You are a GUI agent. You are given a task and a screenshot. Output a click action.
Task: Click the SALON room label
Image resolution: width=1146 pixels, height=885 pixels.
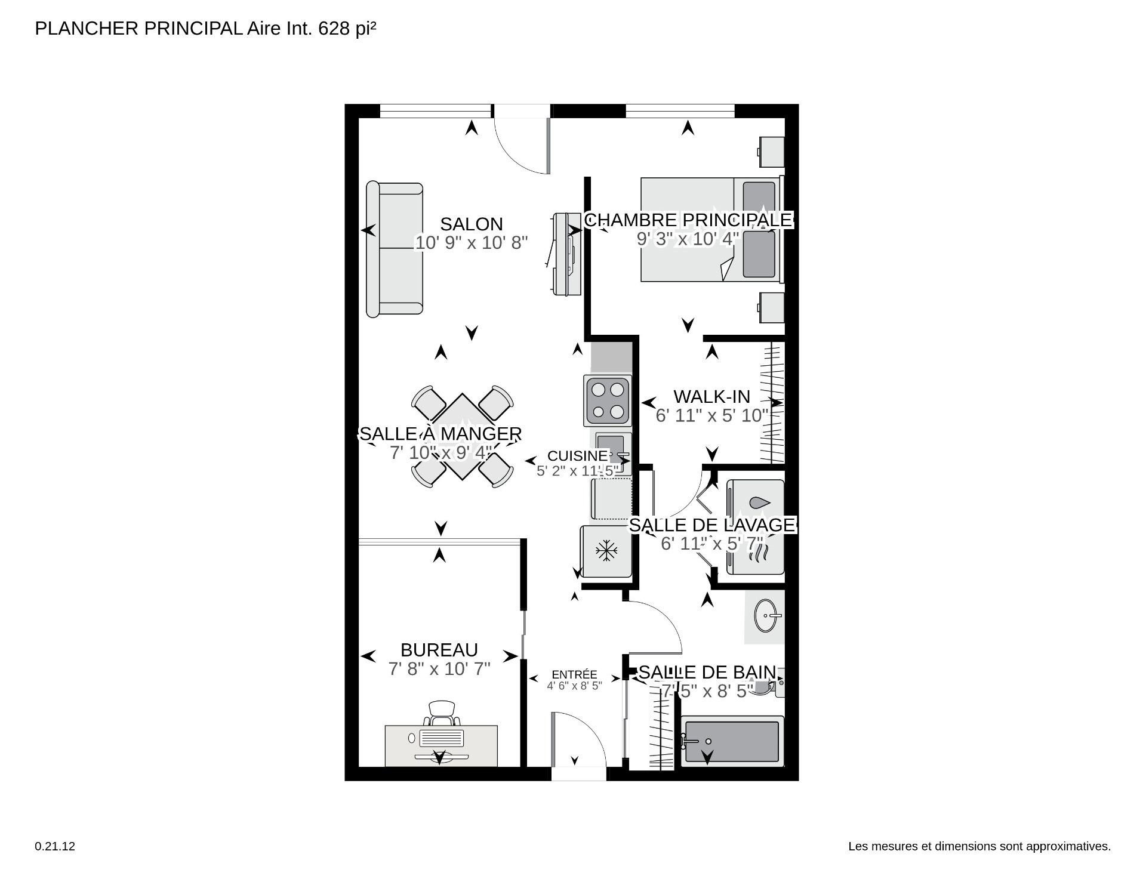pos(472,224)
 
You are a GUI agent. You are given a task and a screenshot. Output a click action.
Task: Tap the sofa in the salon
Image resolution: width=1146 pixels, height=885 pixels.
pos(395,249)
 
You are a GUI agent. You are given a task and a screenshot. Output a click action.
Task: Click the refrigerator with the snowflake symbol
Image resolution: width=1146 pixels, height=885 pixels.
pos(606,551)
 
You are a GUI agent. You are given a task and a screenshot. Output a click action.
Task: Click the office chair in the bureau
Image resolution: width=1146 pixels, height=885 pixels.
pos(442,712)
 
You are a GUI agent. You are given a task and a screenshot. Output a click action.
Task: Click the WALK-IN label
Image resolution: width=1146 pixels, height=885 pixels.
pos(711,397)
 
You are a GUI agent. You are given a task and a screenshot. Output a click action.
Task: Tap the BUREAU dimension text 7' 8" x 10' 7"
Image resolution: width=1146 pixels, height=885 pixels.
pos(439,669)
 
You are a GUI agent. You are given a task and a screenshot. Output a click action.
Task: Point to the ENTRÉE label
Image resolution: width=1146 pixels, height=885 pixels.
pos(574,675)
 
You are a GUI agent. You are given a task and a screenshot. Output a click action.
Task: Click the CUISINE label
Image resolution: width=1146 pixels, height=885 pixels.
pos(577,456)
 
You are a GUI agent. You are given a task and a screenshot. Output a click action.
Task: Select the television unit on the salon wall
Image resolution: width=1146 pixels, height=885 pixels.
pos(565,254)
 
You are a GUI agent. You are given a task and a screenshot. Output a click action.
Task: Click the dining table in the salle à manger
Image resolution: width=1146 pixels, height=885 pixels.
pos(463,436)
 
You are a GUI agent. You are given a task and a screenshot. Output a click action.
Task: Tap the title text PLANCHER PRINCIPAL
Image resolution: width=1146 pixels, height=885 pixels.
pos(138,28)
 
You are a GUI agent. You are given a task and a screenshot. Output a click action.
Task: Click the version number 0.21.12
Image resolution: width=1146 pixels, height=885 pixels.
pos(55,846)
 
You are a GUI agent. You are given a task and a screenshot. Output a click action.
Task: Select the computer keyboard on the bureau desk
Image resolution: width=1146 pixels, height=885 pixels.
pos(441,738)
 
